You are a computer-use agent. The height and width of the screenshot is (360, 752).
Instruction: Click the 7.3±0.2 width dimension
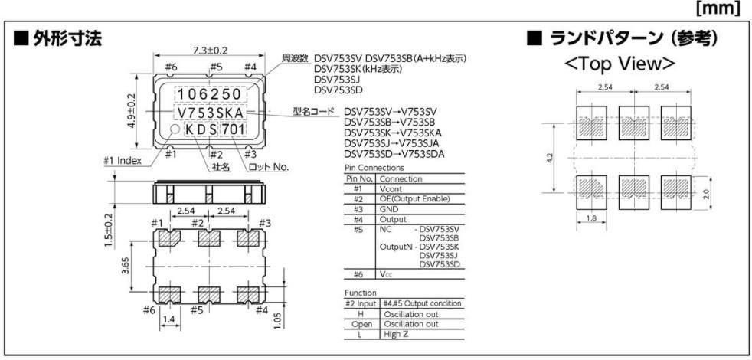coord(210,51)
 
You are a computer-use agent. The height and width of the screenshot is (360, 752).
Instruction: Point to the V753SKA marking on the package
coord(211,113)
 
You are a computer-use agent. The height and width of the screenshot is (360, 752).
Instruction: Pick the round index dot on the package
coord(174,131)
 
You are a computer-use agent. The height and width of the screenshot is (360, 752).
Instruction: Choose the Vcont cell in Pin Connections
coord(393,188)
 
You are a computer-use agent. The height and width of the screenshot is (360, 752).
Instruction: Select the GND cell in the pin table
coord(389,208)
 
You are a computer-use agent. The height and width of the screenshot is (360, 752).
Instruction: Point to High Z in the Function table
coord(398,332)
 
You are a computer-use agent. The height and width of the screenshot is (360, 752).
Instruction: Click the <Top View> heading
coord(621,63)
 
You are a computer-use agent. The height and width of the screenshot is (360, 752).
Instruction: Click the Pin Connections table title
coord(374,167)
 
